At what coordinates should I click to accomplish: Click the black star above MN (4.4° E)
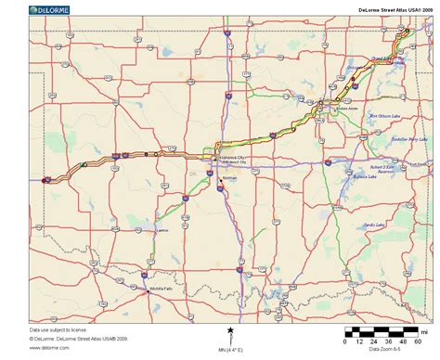point(230,330)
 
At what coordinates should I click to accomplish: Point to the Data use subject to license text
point(58,329)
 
